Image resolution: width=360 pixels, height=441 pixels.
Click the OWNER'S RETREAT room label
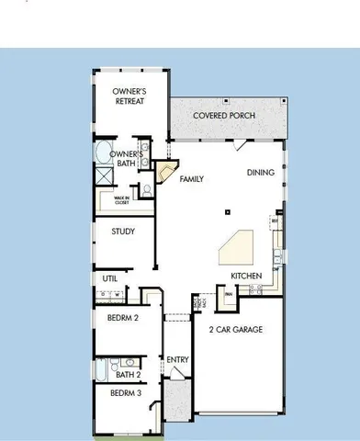(x=130, y=96)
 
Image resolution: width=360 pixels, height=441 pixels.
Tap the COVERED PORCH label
(x=224, y=116)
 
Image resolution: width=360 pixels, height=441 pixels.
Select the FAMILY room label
(x=191, y=179)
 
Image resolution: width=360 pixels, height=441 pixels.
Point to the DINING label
(x=261, y=172)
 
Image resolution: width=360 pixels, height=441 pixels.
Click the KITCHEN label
(x=246, y=276)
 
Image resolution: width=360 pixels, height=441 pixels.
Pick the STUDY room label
(x=123, y=232)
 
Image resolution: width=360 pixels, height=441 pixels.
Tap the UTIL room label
(x=109, y=277)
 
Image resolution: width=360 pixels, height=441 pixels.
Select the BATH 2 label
(x=129, y=375)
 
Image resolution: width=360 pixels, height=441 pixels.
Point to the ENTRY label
(x=176, y=359)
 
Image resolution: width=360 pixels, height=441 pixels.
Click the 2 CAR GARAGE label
(x=236, y=329)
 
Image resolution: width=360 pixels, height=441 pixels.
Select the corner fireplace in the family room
(x=165, y=172)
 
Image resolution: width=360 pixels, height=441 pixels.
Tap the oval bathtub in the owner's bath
(x=103, y=152)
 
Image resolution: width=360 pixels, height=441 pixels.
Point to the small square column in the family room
(x=225, y=212)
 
